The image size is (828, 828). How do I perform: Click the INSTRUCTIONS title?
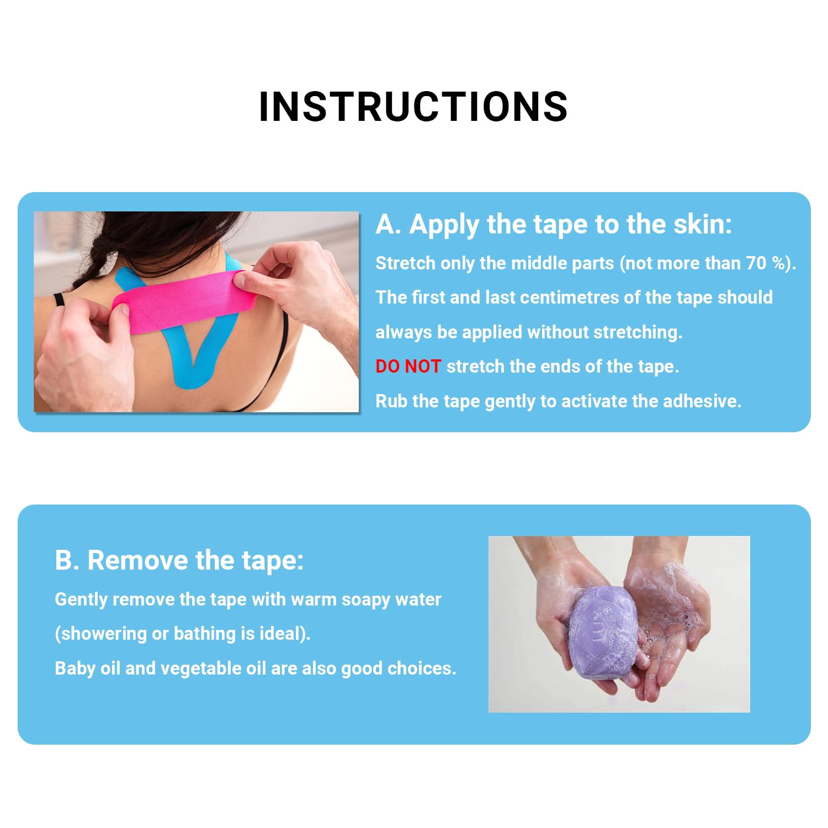pos(413,106)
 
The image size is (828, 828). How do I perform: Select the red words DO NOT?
pos(408,366)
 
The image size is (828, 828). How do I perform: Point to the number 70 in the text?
pos(756,263)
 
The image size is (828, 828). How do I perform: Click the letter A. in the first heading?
pos(388,224)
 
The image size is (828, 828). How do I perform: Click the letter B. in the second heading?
pos(67,560)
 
